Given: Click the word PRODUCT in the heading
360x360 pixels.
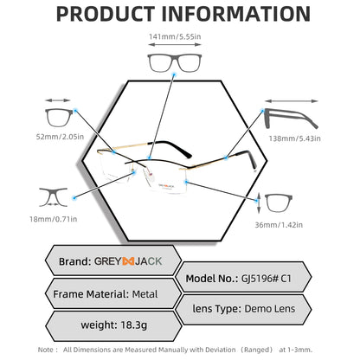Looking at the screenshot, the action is [105, 14].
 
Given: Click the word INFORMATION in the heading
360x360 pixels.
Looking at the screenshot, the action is [236, 14].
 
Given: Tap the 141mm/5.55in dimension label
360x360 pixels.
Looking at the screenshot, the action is [175, 36].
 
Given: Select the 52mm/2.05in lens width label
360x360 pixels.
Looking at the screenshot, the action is [60, 137].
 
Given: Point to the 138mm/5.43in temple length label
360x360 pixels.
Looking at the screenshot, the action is [294, 138].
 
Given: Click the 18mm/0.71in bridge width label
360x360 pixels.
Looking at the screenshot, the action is [54, 219].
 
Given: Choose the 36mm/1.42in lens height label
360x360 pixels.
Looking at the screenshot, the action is [279, 225].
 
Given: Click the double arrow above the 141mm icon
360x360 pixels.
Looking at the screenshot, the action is [175, 45].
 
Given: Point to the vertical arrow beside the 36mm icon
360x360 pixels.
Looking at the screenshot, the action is [259, 203].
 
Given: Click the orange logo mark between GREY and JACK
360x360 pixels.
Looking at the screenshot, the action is [128, 261].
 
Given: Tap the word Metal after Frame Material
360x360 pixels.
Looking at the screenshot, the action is [145, 294].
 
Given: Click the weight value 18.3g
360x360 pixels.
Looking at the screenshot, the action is [134, 325].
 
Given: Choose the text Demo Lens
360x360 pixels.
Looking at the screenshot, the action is [270, 309].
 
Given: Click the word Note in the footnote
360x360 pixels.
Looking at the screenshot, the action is [46, 350].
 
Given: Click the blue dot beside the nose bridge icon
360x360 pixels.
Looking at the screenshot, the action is [74, 198].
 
